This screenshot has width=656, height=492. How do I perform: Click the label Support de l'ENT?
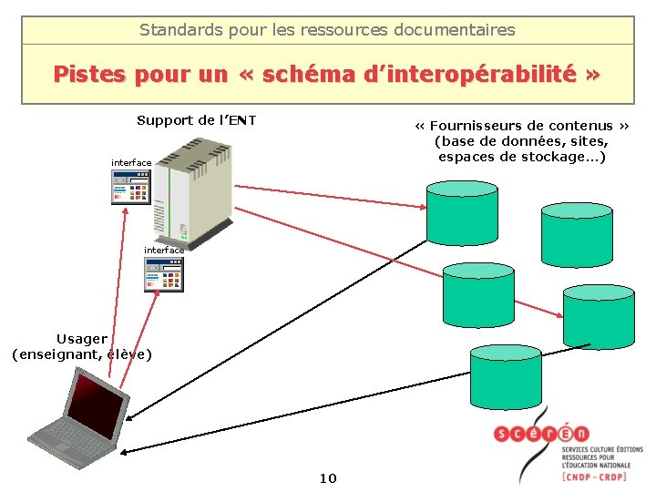point(196,120)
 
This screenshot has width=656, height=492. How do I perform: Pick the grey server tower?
point(192,187)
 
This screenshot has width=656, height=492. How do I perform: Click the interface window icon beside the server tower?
point(131,187)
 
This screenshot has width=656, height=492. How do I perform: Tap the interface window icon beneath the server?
point(164,273)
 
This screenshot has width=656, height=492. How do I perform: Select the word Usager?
point(82,339)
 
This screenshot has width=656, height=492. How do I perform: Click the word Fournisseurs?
point(474,126)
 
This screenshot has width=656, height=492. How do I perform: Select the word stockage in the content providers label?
point(537,156)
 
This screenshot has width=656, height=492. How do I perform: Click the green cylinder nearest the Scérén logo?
point(505,375)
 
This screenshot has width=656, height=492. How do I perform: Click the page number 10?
point(328,477)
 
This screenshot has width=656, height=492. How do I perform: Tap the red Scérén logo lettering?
point(541,434)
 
